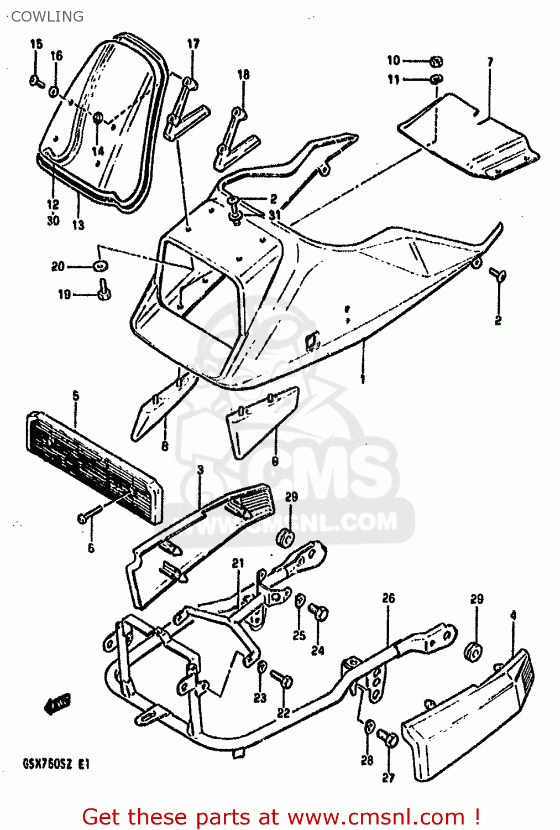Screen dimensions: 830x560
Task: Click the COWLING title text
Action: pyautogui.click(x=47, y=17)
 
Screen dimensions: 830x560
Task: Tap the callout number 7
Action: pyautogui.click(x=490, y=62)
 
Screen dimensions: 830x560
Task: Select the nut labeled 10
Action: pyautogui.click(x=436, y=61)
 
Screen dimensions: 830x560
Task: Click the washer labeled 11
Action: pyautogui.click(x=436, y=79)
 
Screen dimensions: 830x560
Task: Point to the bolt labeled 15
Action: pyautogui.click(x=37, y=81)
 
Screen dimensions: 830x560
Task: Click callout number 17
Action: pyautogui.click(x=193, y=44)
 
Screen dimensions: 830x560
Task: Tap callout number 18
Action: pyautogui.click(x=243, y=74)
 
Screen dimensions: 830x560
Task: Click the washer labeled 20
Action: pyautogui.click(x=100, y=266)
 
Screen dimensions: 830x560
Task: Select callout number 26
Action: pyautogui.click(x=389, y=598)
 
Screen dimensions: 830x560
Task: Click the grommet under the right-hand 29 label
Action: pyautogui.click(x=474, y=652)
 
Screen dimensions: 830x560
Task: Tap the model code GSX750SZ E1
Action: pyautogui.click(x=56, y=765)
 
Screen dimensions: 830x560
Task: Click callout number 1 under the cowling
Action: pyautogui.click(x=363, y=378)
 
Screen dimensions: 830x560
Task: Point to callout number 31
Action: pyautogui.click(x=275, y=214)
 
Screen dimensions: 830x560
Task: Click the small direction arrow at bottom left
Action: pyautogui.click(x=57, y=704)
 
